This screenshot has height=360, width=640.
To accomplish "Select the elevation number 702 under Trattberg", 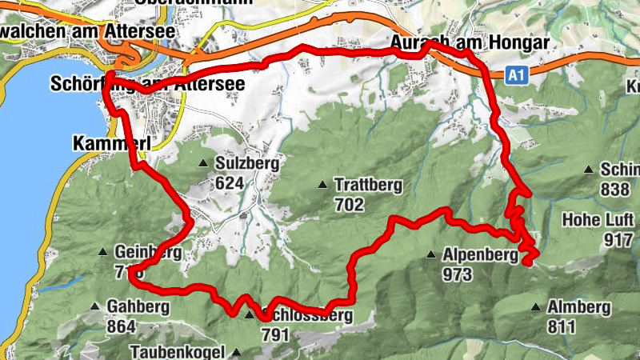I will [350, 205].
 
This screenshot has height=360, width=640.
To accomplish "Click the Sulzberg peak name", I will [247, 164].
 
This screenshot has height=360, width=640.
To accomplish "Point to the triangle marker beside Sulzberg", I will [203, 164].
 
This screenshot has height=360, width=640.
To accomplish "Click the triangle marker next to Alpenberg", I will [431, 256].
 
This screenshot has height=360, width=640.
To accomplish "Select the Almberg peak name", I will [578, 307].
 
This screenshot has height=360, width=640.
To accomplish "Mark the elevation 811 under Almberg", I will [562, 326].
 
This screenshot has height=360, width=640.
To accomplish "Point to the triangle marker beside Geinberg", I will [103, 253].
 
